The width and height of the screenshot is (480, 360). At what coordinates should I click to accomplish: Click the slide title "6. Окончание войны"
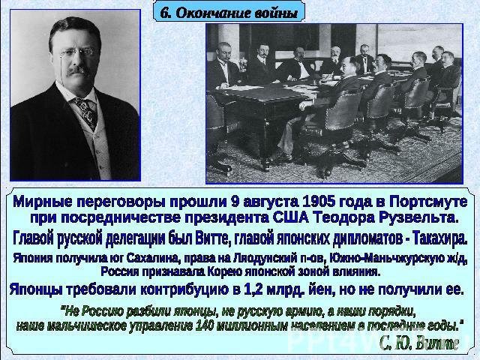(x=229, y=13)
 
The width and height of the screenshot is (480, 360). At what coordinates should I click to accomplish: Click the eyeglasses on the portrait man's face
(x=76, y=53)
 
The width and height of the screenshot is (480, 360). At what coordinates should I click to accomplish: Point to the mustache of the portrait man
(x=78, y=70)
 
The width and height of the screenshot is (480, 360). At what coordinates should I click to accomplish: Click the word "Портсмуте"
(x=428, y=202)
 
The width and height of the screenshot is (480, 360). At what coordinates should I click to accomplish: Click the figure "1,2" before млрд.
(x=253, y=289)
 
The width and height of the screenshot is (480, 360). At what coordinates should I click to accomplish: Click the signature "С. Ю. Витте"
(x=418, y=343)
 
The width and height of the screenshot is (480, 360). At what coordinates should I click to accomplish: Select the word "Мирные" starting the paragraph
(x=43, y=202)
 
